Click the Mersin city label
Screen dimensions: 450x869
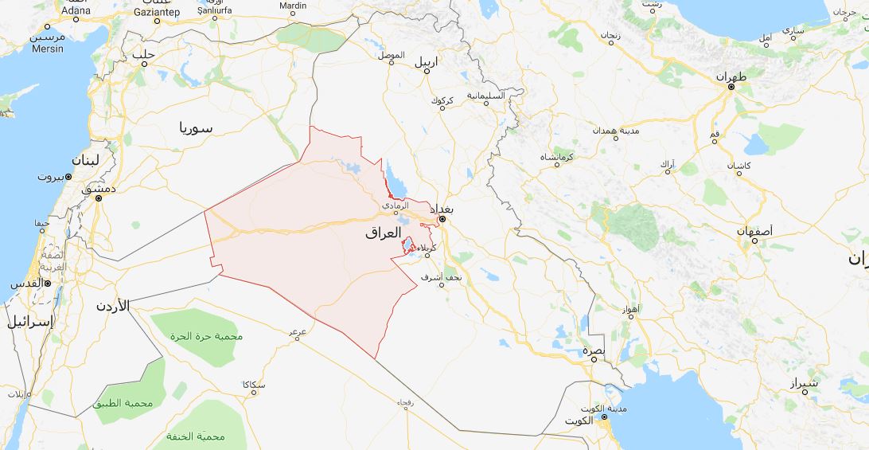coord(48,47)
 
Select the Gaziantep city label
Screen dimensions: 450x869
coord(158,13)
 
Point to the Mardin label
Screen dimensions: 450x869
coord(294,6)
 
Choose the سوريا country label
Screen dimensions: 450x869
coord(196,127)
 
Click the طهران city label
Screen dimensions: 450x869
coord(732,77)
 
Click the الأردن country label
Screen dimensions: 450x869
coord(112,305)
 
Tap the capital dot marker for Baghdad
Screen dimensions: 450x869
coord(442,218)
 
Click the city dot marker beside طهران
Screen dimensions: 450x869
coord(731,87)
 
